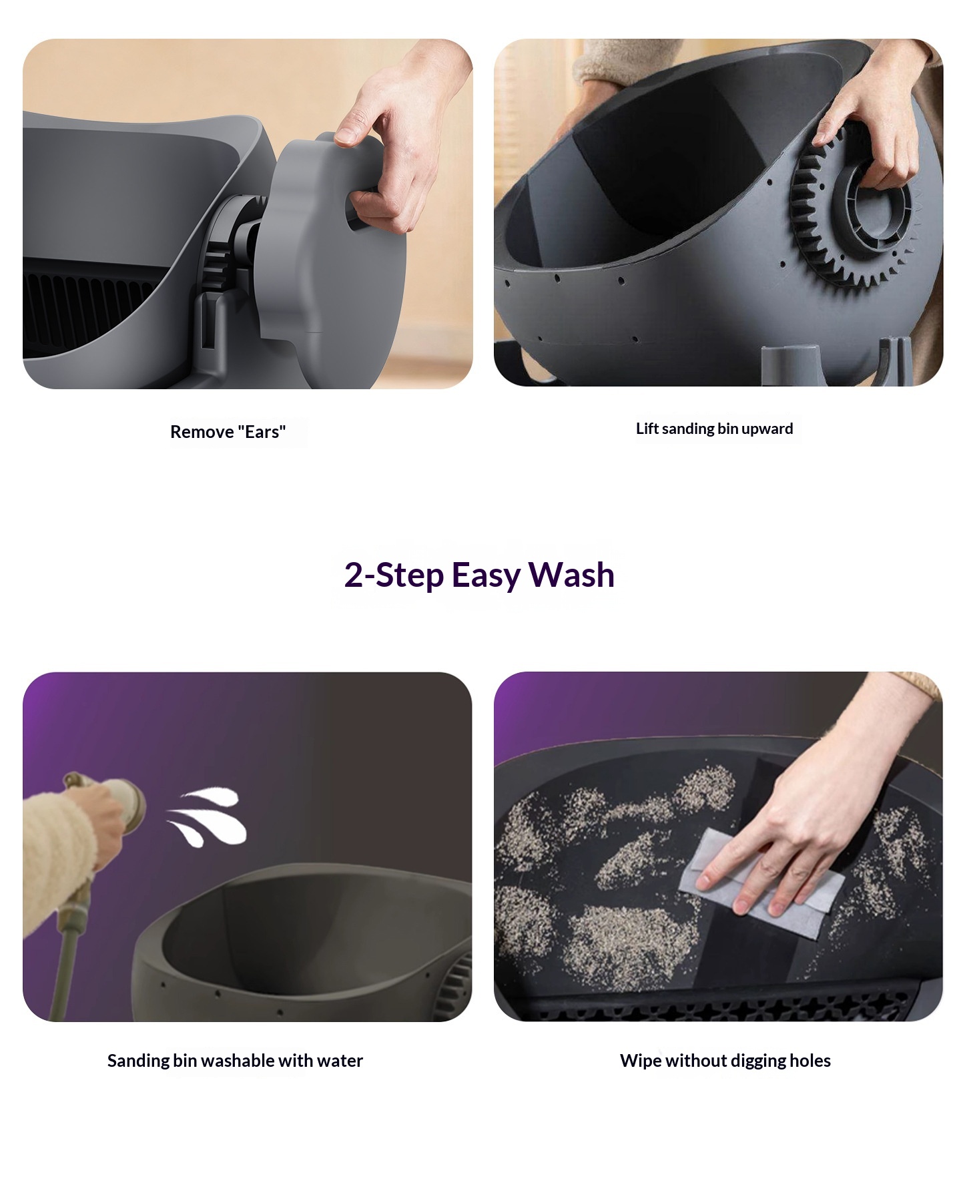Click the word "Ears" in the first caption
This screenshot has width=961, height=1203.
pos(265,432)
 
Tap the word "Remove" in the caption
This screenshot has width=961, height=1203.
pos(202,432)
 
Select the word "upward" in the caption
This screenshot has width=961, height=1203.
pos(767,429)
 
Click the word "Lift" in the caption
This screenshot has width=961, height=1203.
pos(647,429)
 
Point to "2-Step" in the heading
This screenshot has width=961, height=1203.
pos(394,575)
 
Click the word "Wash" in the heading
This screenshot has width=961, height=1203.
pos(571,575)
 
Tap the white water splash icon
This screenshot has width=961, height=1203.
pos(206,816)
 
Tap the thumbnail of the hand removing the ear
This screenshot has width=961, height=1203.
pos(248,214)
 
